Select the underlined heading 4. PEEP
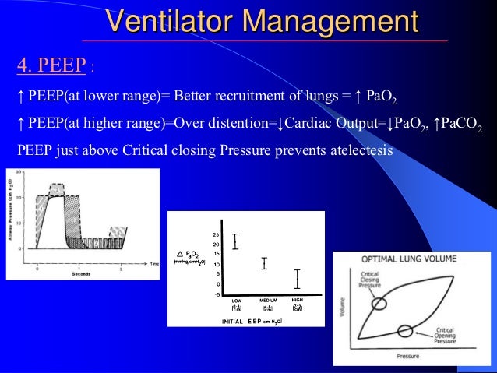(51, 65)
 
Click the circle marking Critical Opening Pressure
(405, 330)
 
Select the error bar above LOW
(234, 241)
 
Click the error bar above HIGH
(296, 278)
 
